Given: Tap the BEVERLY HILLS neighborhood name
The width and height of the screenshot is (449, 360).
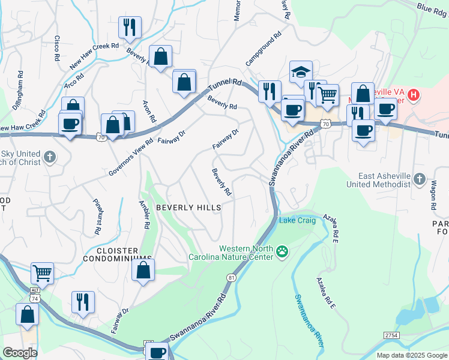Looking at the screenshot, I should tap(188, 208).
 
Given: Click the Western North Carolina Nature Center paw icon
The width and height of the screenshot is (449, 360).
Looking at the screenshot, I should tap(282, 252).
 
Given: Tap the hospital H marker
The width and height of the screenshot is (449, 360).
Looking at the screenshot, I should tap(413, 95).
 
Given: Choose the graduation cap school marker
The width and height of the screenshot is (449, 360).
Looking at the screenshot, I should tap(300, 72).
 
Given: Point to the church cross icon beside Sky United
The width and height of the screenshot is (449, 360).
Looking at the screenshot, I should tap(50, 158).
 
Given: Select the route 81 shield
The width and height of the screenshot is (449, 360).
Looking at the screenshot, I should tap(231, 277).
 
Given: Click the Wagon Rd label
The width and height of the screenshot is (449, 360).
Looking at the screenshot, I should tap(433, 193).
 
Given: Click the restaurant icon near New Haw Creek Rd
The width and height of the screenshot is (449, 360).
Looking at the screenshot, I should tap(130, 27).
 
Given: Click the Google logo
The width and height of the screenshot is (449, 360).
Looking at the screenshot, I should tap(20, 352).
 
